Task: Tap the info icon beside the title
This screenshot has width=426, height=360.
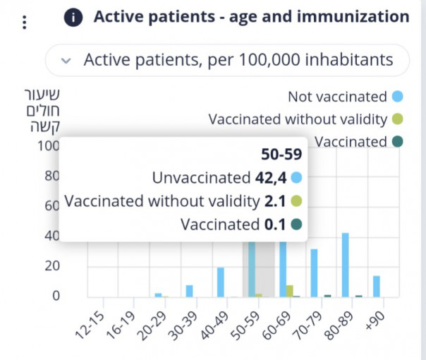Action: coord(73,17)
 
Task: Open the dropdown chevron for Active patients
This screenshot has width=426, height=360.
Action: coord(66,61)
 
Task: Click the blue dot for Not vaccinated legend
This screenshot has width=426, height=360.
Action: coord(398,97)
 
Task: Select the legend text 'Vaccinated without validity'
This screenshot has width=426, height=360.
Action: coord(298,119)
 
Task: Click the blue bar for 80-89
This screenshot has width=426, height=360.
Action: coord(346,265)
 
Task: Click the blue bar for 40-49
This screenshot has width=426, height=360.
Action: coord(221,282)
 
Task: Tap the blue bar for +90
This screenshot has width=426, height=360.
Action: coord(377,286)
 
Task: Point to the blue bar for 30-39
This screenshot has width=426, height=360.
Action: coord(190,290)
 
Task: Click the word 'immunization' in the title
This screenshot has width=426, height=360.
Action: coord(353,17)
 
